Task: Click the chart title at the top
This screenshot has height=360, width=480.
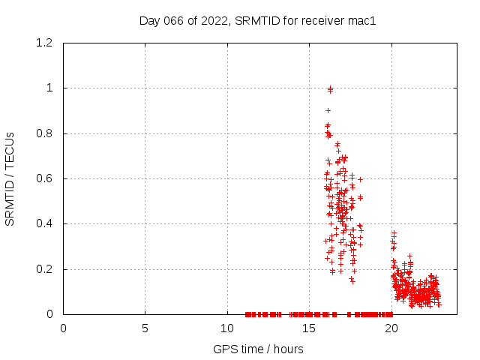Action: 257,20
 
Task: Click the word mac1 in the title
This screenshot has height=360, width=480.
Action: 361,20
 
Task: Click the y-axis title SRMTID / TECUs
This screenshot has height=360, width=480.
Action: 10,178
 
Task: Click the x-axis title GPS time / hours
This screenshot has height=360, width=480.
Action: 257,349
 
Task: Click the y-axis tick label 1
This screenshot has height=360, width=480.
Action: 51,88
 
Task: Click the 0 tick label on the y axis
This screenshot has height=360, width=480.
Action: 51,314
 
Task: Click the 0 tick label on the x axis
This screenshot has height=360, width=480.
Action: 63,328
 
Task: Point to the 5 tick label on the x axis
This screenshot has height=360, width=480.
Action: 145,328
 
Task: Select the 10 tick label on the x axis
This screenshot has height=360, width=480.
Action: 227,328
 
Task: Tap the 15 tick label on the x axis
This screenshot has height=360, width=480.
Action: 309,328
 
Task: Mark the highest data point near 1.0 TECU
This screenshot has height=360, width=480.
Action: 330,88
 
